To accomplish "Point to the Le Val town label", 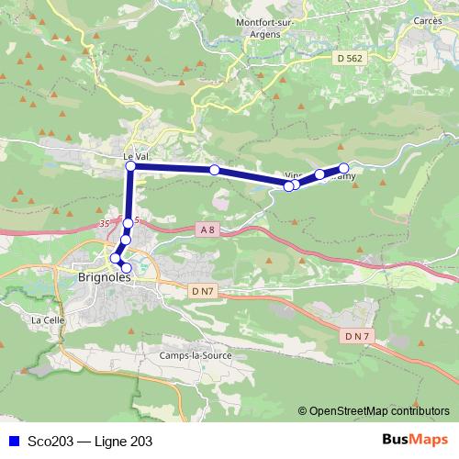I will pos(135,157).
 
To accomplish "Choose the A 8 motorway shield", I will pos(208,230).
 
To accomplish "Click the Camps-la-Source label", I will pos(196,355).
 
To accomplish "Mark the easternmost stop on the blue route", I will pos(344,168).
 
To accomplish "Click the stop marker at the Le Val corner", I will pos(130,167).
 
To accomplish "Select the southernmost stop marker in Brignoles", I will pos(127,268).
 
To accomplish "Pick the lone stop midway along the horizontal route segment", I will pos(214,170).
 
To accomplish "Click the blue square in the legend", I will pos(12,442).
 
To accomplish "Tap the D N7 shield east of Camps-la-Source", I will pos(357,337).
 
